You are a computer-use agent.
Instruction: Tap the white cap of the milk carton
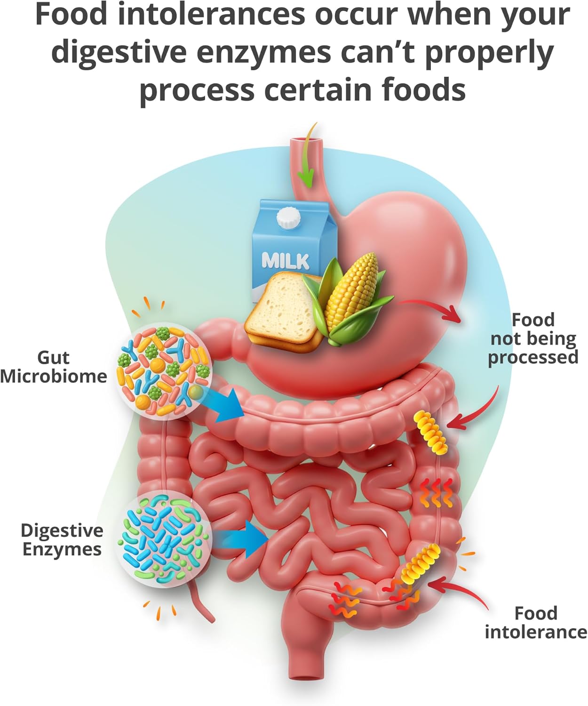click(x=288, y=218)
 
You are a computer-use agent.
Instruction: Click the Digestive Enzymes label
click(x=62, y=540)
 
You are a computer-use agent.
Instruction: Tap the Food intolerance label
click(x=535, y=622)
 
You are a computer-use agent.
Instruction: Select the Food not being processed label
click(x=532, y=339)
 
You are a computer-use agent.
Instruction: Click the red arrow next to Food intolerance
click(x=459, y=591)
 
